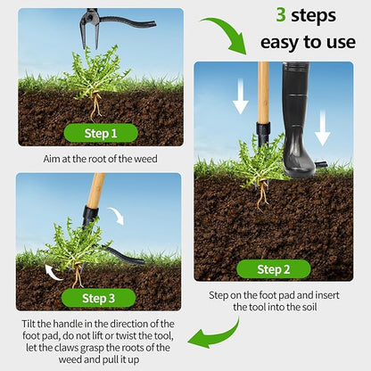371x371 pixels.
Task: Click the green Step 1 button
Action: click(x=101, y=133)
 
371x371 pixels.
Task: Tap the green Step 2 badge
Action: click(x=274, y=269)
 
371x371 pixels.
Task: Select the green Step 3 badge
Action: click(x=98, y=298)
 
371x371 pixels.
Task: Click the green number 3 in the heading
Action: click(x=281, y=15)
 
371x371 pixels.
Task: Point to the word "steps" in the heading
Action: click(x=313, y=16)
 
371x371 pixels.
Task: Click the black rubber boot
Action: click(x=298, y=119)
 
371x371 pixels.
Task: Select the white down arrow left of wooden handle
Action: click(x=240, y=96)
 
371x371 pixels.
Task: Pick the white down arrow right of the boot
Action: click(x=323, y=128)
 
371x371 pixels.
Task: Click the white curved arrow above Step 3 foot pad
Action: click(x=117, y=216)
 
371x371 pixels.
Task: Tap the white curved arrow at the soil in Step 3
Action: click(x=53, y=273)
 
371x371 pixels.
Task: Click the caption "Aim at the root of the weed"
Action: click(x=101, y=159)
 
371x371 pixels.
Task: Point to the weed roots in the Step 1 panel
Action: click(x=95, y=107)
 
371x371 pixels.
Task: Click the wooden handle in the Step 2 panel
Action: click(x=263, y=92)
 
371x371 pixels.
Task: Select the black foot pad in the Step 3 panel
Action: click(x=122, y=255)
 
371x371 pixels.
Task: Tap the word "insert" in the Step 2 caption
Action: click(x=327, y=295)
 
